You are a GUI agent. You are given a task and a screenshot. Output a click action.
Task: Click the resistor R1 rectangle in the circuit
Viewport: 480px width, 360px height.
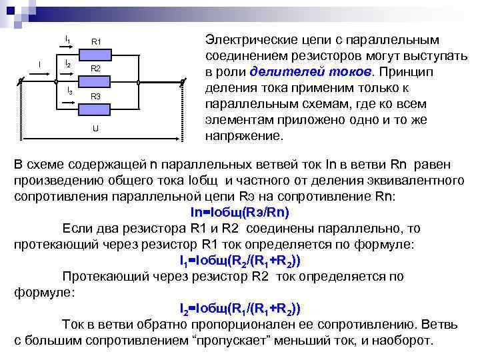pos(95,55)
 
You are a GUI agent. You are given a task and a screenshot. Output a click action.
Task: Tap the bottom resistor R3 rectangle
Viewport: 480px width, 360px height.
pos(95,109)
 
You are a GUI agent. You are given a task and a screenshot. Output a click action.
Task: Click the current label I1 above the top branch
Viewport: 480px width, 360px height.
pos(67,41)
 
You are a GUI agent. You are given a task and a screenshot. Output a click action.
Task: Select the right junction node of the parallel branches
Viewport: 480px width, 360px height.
pos(138,83)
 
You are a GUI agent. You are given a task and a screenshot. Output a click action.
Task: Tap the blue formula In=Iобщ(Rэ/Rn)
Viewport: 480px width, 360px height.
pos(239,211)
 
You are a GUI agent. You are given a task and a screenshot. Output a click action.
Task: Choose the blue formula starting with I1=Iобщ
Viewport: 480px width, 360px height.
pos(239,260)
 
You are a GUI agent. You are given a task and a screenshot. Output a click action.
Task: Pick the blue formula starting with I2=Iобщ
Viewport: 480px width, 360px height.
pos(239,309)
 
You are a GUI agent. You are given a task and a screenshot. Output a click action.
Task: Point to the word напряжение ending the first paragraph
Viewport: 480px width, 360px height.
pos(244,135)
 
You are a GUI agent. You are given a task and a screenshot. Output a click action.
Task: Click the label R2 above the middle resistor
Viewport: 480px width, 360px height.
pos(95,69)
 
